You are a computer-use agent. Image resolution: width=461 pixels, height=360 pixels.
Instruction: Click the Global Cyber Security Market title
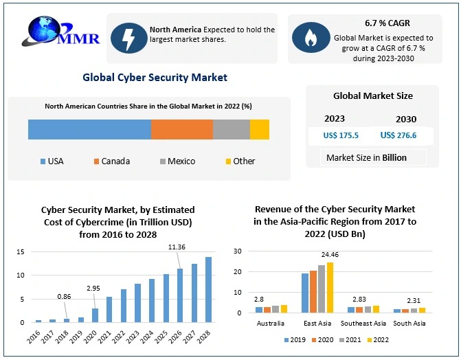[155, 78]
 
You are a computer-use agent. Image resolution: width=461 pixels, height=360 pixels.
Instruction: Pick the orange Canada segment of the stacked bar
[181, 129]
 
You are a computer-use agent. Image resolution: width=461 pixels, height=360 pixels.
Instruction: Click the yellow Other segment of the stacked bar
[260, 129]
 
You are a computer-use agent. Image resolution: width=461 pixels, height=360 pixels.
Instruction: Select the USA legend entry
[52, 161]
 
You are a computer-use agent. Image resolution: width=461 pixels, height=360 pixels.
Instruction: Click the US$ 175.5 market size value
[341, 135]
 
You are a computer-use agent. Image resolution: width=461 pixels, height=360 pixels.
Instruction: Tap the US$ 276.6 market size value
[398, 135]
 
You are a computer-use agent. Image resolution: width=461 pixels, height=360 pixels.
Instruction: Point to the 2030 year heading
[406, 119]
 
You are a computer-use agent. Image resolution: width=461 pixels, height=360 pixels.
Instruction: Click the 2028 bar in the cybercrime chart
[207, 289]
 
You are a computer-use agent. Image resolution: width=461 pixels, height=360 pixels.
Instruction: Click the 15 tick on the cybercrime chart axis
[21, 252]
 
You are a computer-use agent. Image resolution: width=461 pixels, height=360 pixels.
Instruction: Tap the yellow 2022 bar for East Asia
[330, 287]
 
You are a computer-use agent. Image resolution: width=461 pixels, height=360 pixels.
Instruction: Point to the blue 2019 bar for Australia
[259, 309]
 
